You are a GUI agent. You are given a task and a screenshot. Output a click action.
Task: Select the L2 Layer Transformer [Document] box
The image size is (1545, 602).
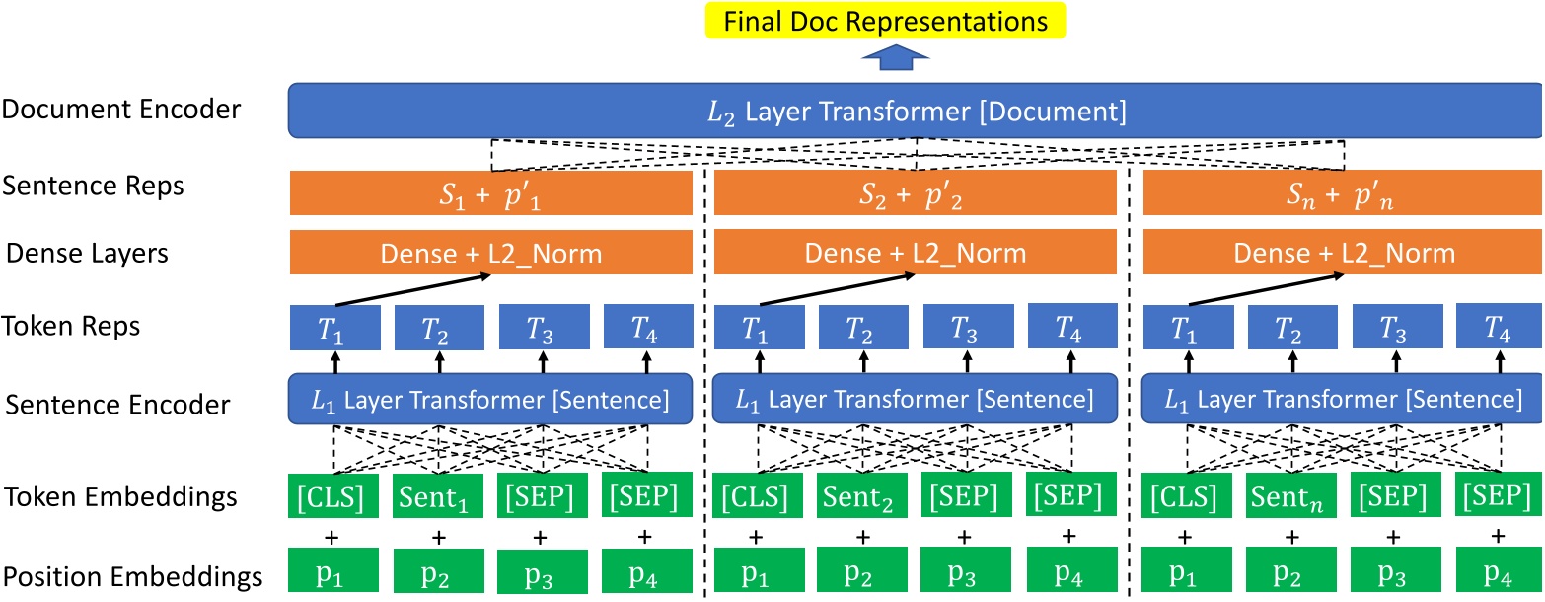pyautogui.click(x=917, y=112)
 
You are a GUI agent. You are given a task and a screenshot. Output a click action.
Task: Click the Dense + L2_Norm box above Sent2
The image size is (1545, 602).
pyautogui.click(x=916, y=253)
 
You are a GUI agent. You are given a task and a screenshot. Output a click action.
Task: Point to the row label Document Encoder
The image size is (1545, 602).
pyautogui.click(x=121, y=110)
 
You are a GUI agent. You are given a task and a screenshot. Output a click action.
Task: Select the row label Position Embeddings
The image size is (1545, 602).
pyautogui.click(x=133, y=576)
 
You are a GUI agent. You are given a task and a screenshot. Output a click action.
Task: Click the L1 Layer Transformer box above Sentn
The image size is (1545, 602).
pyautogui.click(x=1342, y=400)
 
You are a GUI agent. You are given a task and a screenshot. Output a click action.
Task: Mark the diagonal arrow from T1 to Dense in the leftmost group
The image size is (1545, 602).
pyautogui.click(x=412, y=291)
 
